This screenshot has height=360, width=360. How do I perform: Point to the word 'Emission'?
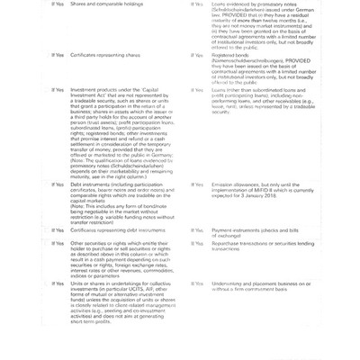221,184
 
